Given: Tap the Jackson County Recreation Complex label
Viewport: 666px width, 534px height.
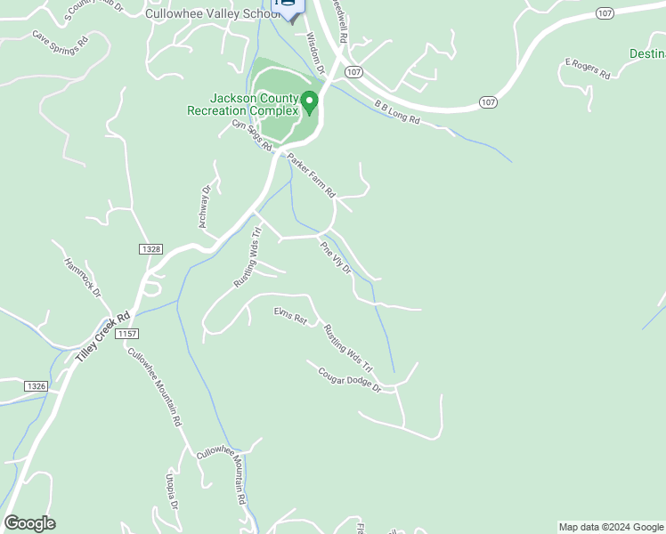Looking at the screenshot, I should click(241, 104).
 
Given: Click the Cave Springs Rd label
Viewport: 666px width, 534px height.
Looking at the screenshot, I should click(61, 39).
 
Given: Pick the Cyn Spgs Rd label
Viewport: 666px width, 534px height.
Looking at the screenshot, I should click(250, 135).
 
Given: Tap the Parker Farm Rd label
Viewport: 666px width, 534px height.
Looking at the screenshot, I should click(312, 175).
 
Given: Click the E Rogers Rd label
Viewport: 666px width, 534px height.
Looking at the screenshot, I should click(587, 69).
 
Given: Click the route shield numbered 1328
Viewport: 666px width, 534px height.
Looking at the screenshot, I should click(150, 250).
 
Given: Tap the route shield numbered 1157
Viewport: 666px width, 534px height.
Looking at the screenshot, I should click(127, 333).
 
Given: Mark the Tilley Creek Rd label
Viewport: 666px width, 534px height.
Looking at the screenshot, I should click(103, 336).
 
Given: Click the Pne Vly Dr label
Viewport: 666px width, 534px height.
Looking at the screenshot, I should click(336, 257).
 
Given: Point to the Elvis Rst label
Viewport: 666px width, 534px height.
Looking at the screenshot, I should click(290, 315).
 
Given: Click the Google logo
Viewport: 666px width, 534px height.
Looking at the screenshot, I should click(29, 523).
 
